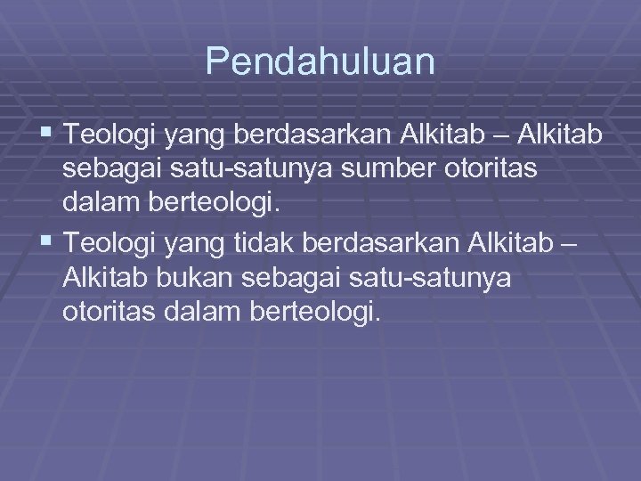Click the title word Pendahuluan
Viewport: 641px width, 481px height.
point(320,62)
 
